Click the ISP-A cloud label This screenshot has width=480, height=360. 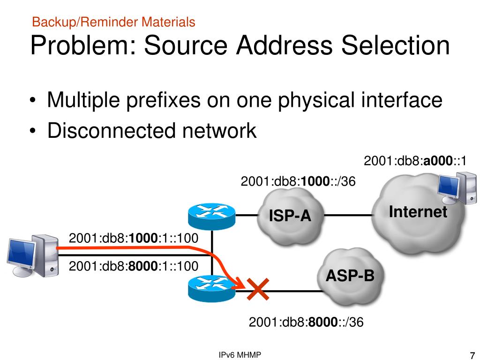click(x=290, y=216)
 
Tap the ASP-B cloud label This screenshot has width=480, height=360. click(x=350, y=276)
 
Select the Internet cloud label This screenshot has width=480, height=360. click(x=418, y=212)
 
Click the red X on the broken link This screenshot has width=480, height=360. click(x=257, y=289)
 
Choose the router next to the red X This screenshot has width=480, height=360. click(x=211, y=287)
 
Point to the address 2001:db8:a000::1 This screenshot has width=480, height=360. click(x=415, y=161)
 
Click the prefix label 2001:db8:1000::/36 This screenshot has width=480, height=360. click(x=298, y=181)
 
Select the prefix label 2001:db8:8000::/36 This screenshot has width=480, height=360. click(x=306, y=322)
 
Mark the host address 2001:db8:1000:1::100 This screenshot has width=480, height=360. click(x=134, y=238)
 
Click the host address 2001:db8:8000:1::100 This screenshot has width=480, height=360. click(x=134, y=266)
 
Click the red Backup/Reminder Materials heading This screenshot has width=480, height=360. click(x=113, y=22)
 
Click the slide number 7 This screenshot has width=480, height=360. click(x=472, y=355)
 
